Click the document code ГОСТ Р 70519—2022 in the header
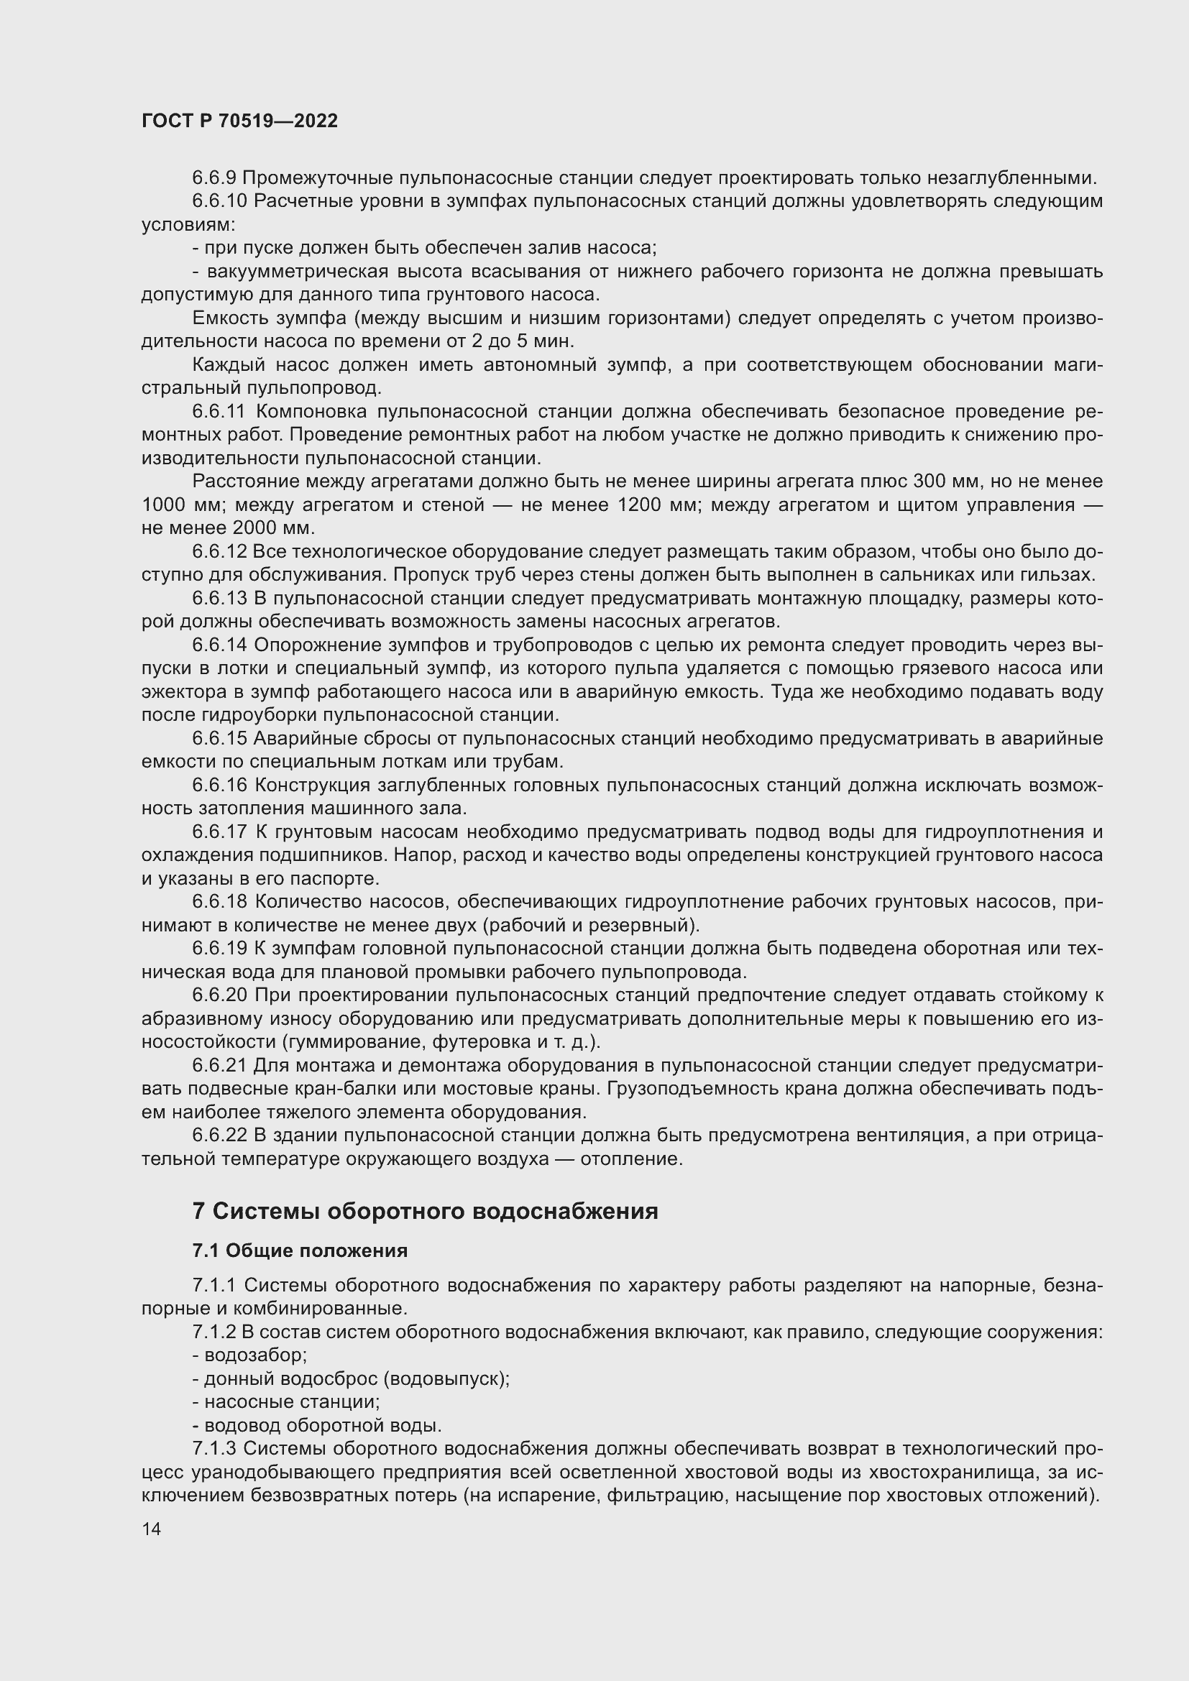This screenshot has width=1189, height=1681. (239, 121)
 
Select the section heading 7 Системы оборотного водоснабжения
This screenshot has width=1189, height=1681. (425, 1211)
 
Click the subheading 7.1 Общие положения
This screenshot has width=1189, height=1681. (300, 1251)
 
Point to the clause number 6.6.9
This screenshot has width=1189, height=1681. (214, 178)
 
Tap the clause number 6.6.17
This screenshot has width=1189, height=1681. (220, 832)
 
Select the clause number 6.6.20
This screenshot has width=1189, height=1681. (220, 995)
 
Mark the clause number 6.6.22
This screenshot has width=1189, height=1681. (220, 1136)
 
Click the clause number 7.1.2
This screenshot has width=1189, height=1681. (214, 1332)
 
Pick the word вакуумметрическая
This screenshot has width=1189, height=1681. (298, 272)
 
